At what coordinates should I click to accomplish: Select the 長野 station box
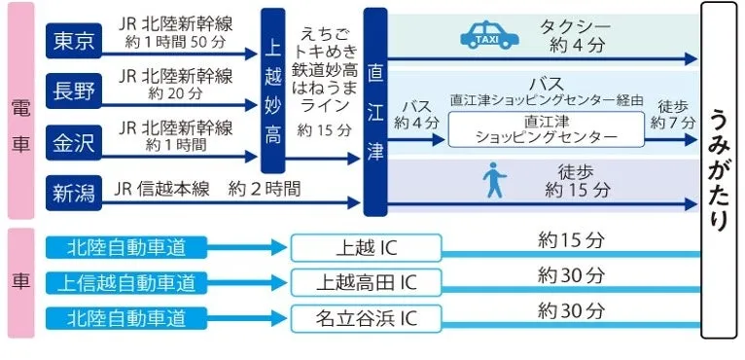click(74, 91)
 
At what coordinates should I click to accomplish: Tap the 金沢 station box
click(74, 142)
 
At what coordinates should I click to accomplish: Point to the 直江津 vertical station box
click(374, 112)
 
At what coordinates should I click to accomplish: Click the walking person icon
click(494, 181)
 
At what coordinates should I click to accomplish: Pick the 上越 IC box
click(366, 247)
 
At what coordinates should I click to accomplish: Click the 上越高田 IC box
click(366, 282)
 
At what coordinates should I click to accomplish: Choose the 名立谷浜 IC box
click(366, 317)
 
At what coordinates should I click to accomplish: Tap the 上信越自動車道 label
click(126, 282)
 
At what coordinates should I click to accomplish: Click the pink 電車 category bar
click(19, 112)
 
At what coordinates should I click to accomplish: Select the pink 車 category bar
click(19, 282)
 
